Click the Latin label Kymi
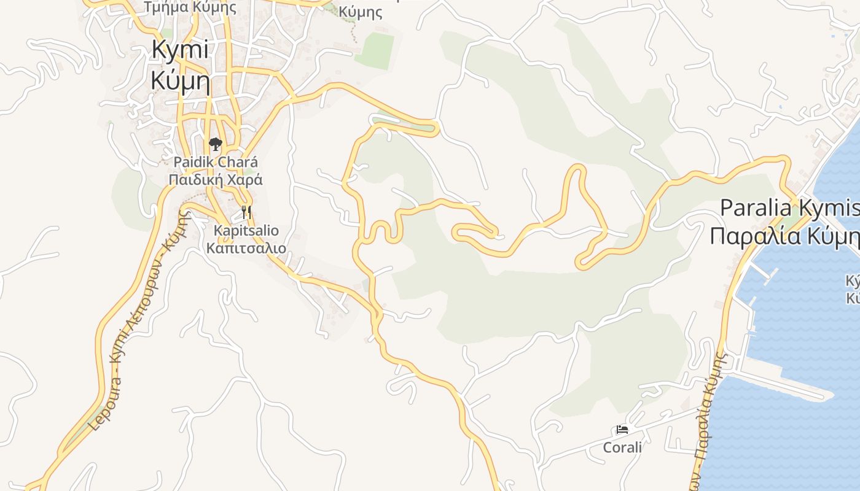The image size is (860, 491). coord(180,50)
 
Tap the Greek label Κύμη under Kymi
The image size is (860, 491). coord(180,80)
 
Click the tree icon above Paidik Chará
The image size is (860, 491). coord(215,145)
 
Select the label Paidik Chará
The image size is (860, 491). coord(216,163)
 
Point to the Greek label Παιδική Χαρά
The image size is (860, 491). coord(216,180)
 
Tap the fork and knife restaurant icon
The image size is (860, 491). coord(246,212)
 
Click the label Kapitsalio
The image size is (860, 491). coord(246,231)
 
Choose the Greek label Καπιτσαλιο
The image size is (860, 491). coord(246,248)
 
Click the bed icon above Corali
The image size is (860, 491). coord(622,430)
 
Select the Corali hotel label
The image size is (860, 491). coord(622,447)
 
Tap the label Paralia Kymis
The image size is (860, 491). coord(789,208)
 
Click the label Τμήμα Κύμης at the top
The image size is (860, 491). coord(190,7)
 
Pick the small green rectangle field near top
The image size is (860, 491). coord(375,50)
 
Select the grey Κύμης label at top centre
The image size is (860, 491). coord(361,12)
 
